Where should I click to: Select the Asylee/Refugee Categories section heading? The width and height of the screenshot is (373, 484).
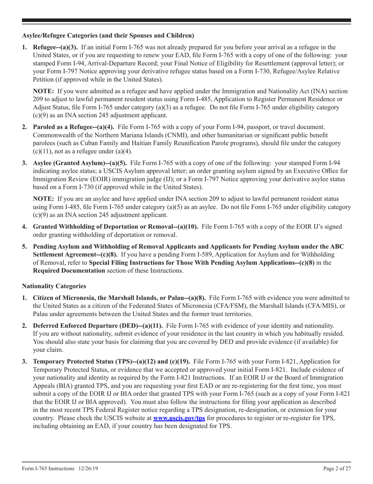coord(108,36)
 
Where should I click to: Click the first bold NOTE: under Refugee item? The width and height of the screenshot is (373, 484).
coord(43,91)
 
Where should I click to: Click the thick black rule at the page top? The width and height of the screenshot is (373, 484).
coord(186,20)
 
